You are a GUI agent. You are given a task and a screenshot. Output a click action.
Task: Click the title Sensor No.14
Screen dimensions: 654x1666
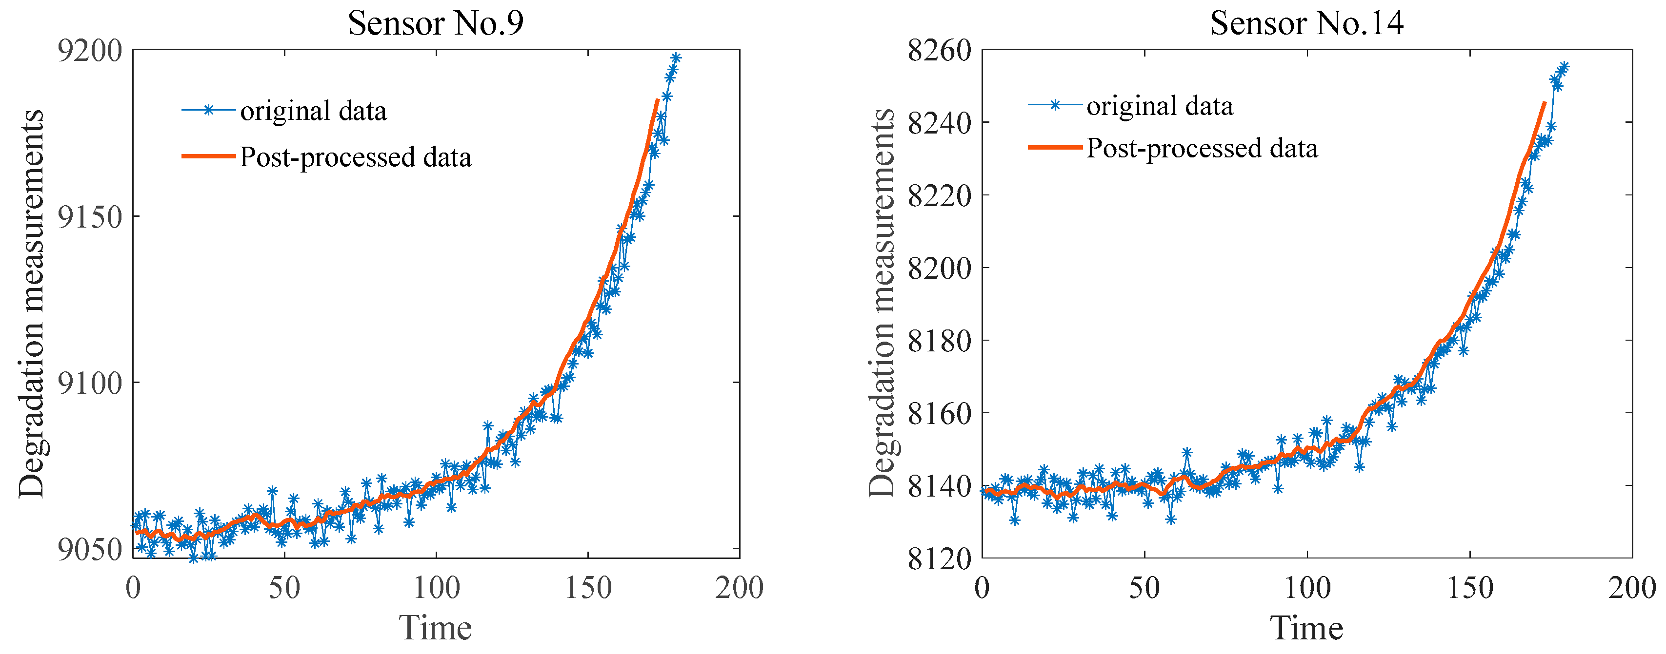[1306, 23]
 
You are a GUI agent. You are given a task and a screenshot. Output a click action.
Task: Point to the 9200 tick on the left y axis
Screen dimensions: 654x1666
[90, 50]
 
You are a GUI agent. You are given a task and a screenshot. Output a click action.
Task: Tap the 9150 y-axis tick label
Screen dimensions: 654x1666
[90, 216]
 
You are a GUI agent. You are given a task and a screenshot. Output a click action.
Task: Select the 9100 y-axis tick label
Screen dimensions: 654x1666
[90, 383]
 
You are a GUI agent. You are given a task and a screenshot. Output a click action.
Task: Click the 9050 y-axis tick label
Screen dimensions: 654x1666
[90, 549]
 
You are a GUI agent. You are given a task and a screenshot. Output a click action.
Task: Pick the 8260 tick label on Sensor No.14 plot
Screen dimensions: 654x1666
[939, 50]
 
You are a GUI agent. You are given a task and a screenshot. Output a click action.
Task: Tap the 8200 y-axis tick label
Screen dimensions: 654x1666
[939, 268]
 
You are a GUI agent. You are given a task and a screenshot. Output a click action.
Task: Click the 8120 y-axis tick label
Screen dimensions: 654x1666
[939, 558]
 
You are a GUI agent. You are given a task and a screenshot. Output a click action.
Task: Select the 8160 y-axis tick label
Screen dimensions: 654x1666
[939, 413]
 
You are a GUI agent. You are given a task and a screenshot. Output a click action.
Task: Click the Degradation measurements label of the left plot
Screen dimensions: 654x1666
[31, 304]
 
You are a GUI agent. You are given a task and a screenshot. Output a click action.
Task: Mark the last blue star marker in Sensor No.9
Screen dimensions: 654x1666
[676, 58]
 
